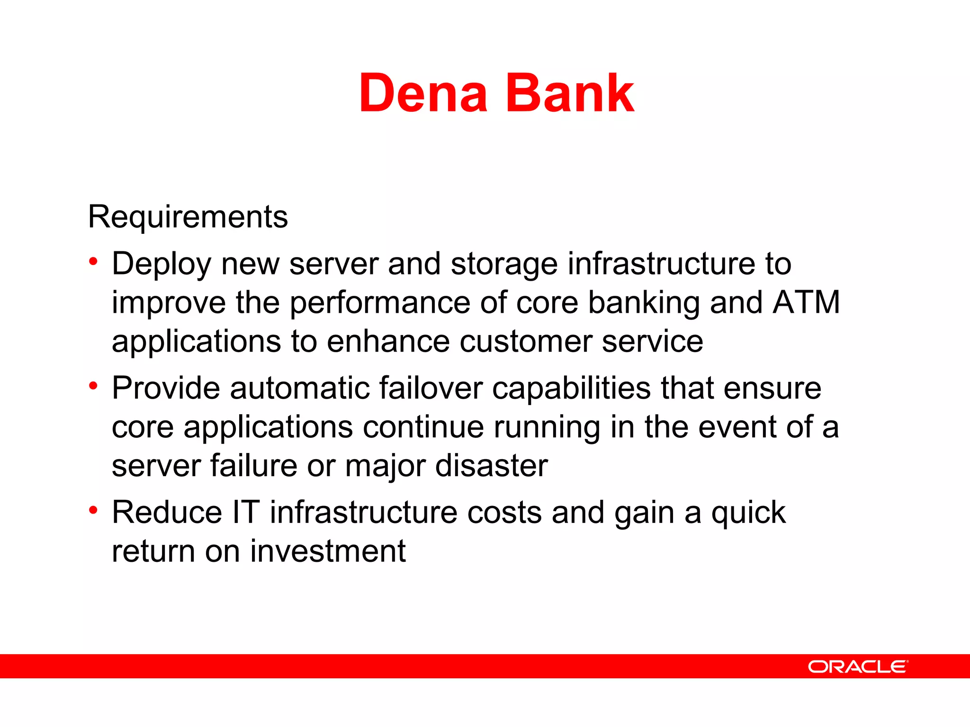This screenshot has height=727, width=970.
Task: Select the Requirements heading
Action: [188, 217]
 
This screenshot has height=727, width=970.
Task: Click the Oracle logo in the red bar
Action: [858, 667]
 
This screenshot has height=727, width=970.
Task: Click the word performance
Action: [380, 303]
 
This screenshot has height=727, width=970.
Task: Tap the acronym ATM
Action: [806, 302]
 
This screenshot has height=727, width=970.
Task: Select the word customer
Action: [526, 342]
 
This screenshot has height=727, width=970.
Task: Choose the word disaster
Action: [491, 466]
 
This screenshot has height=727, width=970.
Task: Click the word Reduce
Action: [167, 513]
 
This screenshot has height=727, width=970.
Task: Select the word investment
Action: [328, 551]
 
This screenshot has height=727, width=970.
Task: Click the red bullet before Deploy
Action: [93, 261]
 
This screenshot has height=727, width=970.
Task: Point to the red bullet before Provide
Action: [93, 385]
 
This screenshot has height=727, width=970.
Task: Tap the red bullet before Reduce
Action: [93, 510]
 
